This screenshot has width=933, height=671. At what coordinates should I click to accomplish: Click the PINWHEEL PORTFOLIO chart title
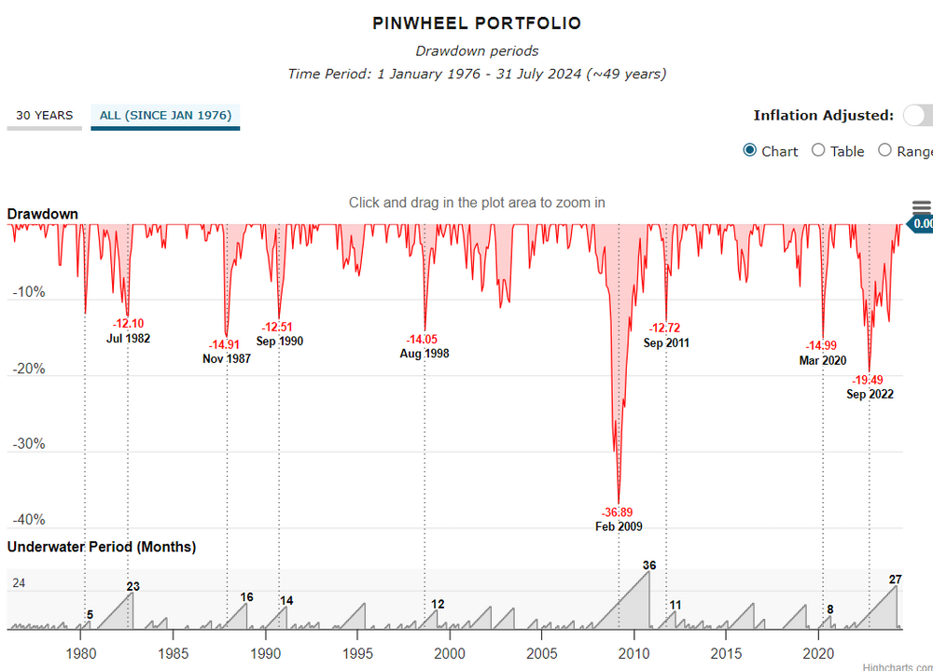tap(477, 23)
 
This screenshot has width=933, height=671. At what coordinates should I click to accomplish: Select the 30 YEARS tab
tap(44, 116)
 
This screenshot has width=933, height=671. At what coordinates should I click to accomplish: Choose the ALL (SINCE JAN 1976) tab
tap(165, 116)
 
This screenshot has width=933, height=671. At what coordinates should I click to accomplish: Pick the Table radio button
tap(818, 151)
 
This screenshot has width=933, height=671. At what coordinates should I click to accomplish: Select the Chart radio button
tap(750, 151)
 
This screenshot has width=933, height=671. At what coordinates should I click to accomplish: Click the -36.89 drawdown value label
tap(619, 512)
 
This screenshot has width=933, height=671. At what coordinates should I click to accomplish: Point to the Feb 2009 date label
tap(619, 526)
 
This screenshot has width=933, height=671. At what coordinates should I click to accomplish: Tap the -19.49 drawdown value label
tap(870, 380)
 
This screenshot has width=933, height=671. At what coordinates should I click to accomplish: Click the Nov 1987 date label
tap(227, 358)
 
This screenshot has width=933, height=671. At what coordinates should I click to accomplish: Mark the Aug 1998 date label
tap(424, 354)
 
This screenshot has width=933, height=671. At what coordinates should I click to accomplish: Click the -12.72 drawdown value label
tap(666, 328)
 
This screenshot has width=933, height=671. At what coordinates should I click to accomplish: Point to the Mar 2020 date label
tap(822, 360)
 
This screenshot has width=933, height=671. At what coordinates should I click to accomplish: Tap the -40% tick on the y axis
tap(29, 520)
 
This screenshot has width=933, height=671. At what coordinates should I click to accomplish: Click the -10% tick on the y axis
tap(29, 292)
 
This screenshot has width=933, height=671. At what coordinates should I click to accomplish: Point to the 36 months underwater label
tap(649, 565)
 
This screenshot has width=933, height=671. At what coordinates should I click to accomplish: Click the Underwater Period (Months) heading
tap(102, 547)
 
